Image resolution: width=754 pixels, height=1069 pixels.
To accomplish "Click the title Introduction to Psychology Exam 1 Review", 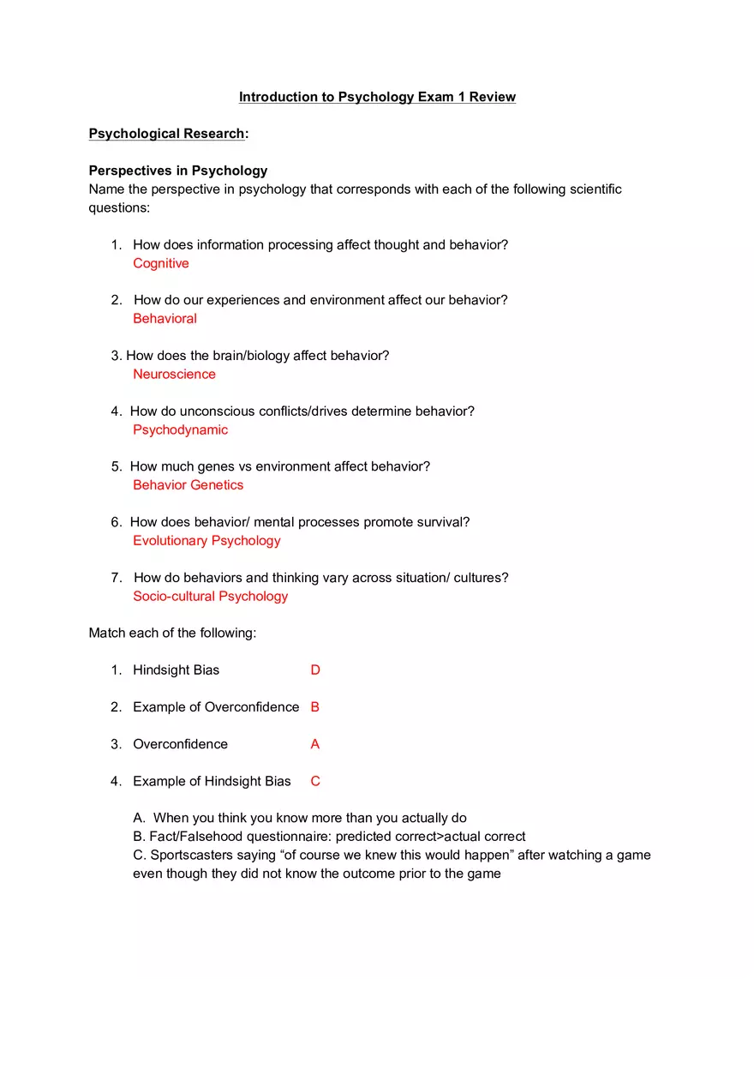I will coord(377,97).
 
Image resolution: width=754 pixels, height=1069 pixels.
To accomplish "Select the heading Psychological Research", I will coord(166,134).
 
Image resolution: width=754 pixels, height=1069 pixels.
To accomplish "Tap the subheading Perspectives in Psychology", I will coord(178,171).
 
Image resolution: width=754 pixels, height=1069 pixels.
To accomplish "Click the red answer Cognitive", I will coord(161,263).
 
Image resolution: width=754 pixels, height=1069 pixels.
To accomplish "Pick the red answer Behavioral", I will coord(165,319).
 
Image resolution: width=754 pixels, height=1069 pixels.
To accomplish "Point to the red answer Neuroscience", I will coord(174,374).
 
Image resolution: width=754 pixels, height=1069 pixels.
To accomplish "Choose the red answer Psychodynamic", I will coord(180,429).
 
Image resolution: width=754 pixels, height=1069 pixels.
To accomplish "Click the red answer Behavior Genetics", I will coord(188,485).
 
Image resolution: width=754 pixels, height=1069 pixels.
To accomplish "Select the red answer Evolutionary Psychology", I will coord(206,541).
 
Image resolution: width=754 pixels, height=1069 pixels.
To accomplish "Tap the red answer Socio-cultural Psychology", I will coord(210,596).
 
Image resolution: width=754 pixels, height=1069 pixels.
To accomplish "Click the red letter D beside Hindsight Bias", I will coord(315,670).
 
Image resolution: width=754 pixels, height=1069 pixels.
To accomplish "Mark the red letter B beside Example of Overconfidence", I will coord(315,707).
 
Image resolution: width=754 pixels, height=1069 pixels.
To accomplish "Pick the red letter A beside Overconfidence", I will coord(315,744).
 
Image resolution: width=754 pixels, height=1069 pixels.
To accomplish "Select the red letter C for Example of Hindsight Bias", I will coord(315,781).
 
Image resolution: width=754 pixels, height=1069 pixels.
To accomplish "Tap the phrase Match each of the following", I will coord(172,633).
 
